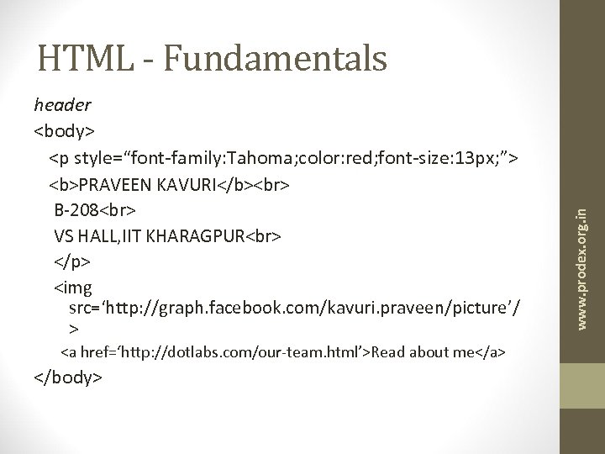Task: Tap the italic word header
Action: tap(62, 106)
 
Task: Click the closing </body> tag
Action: tap(68, 377)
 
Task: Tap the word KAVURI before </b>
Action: tap(180, 182)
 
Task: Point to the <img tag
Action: tap(71, 288)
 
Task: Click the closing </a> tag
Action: tap(491, 351)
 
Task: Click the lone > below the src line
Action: tap(74, 330)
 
